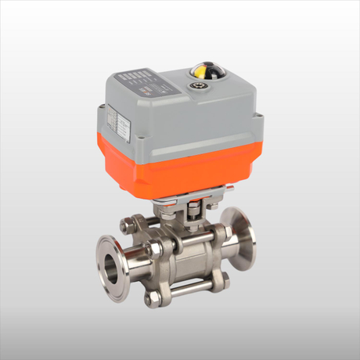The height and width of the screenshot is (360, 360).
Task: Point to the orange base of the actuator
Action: coord(180,168)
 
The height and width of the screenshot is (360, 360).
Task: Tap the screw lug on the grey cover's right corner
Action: coord(259,120)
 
